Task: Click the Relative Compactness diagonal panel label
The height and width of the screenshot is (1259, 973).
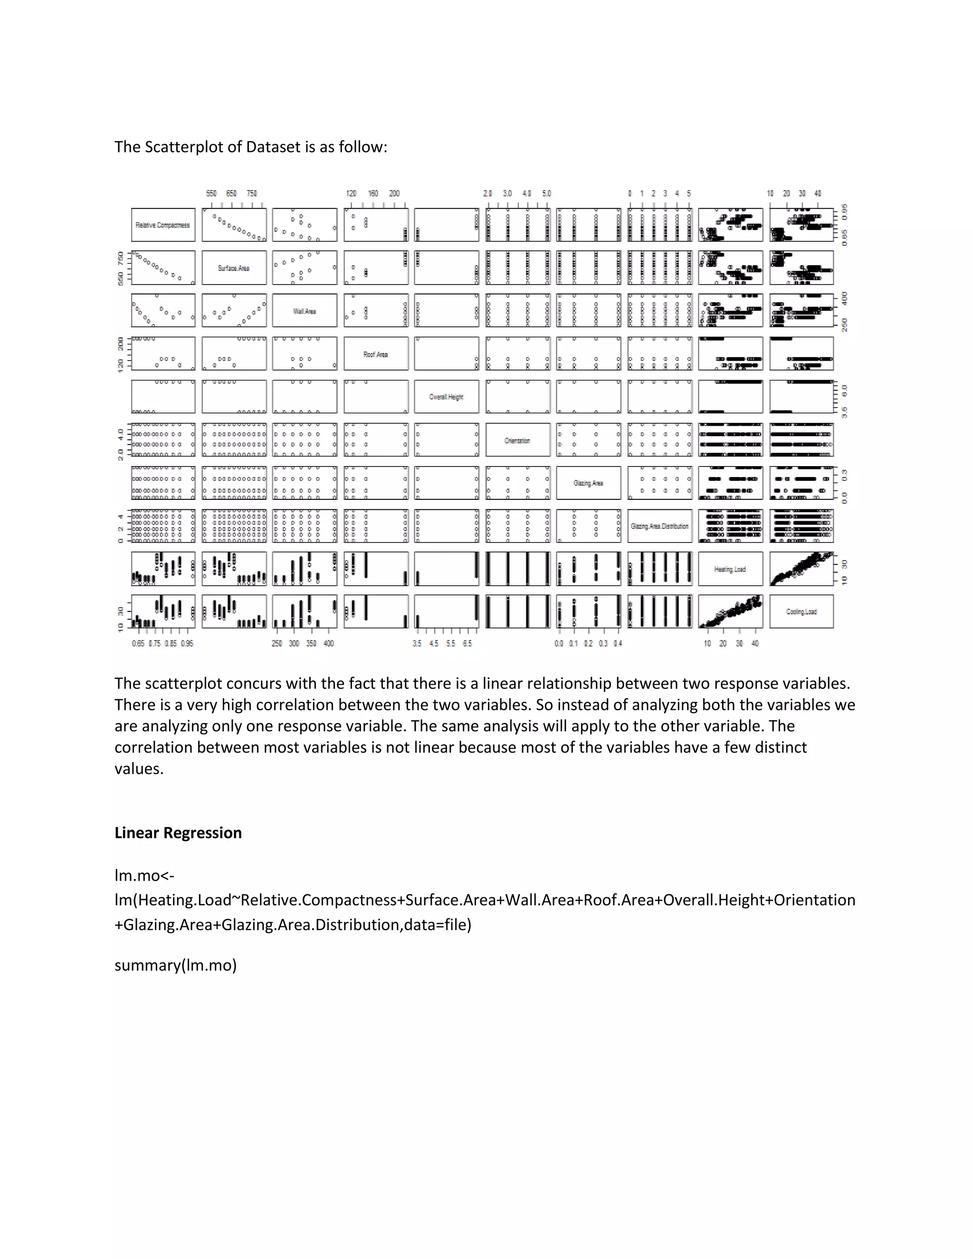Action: [162, 225]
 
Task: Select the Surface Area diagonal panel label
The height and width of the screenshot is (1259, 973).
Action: [233, 268]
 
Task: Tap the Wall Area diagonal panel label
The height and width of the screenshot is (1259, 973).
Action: [305, 311]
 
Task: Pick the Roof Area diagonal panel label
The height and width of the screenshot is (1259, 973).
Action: [375, 354]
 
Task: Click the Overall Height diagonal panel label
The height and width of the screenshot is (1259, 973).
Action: [446, 397]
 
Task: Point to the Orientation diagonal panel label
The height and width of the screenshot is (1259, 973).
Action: [517, 440]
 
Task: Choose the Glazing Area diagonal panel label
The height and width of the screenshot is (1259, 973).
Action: [588, 483]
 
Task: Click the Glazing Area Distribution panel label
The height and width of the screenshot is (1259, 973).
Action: [659, 526]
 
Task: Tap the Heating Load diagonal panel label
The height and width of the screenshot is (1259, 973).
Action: [730, 569]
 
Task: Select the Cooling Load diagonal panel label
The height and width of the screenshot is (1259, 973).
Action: [801, 611]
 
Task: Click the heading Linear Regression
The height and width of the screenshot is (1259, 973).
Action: [178, 833]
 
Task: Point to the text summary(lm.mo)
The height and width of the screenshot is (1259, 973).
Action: [175, 965]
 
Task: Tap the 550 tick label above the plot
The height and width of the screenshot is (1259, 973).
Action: [211, 194]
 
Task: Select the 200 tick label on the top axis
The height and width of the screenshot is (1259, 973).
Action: [394, 194]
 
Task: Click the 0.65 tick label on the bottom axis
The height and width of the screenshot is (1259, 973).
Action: [138, 643]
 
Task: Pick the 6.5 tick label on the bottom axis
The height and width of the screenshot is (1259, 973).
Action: [467, 643]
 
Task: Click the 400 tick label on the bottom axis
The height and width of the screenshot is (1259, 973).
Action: [329, 643]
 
